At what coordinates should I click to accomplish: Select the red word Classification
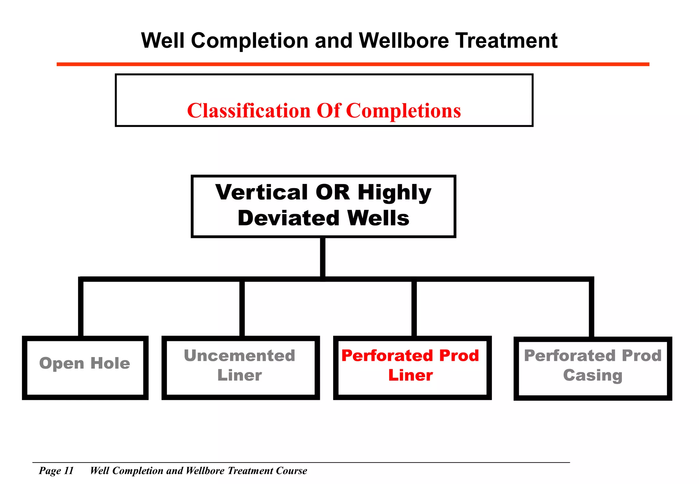tap(249, 111)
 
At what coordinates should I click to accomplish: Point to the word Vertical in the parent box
tap(262, 192)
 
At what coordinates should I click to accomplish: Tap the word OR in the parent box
tap(333, 192)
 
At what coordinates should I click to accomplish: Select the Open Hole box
tap(85, 368)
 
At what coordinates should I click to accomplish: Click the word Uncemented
tap(239, 356)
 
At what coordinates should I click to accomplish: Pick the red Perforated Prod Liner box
tap(412, 368)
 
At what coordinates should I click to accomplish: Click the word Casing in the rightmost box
tap(593, 375)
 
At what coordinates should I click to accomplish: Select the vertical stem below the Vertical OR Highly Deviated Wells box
tap(323, 258)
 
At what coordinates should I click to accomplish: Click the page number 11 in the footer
tap(69, 471)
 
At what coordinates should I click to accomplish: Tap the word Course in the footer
tap(291, 471)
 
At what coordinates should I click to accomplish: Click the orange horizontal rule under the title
tap(353, 64)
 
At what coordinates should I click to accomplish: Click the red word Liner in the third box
tap(411, 375)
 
